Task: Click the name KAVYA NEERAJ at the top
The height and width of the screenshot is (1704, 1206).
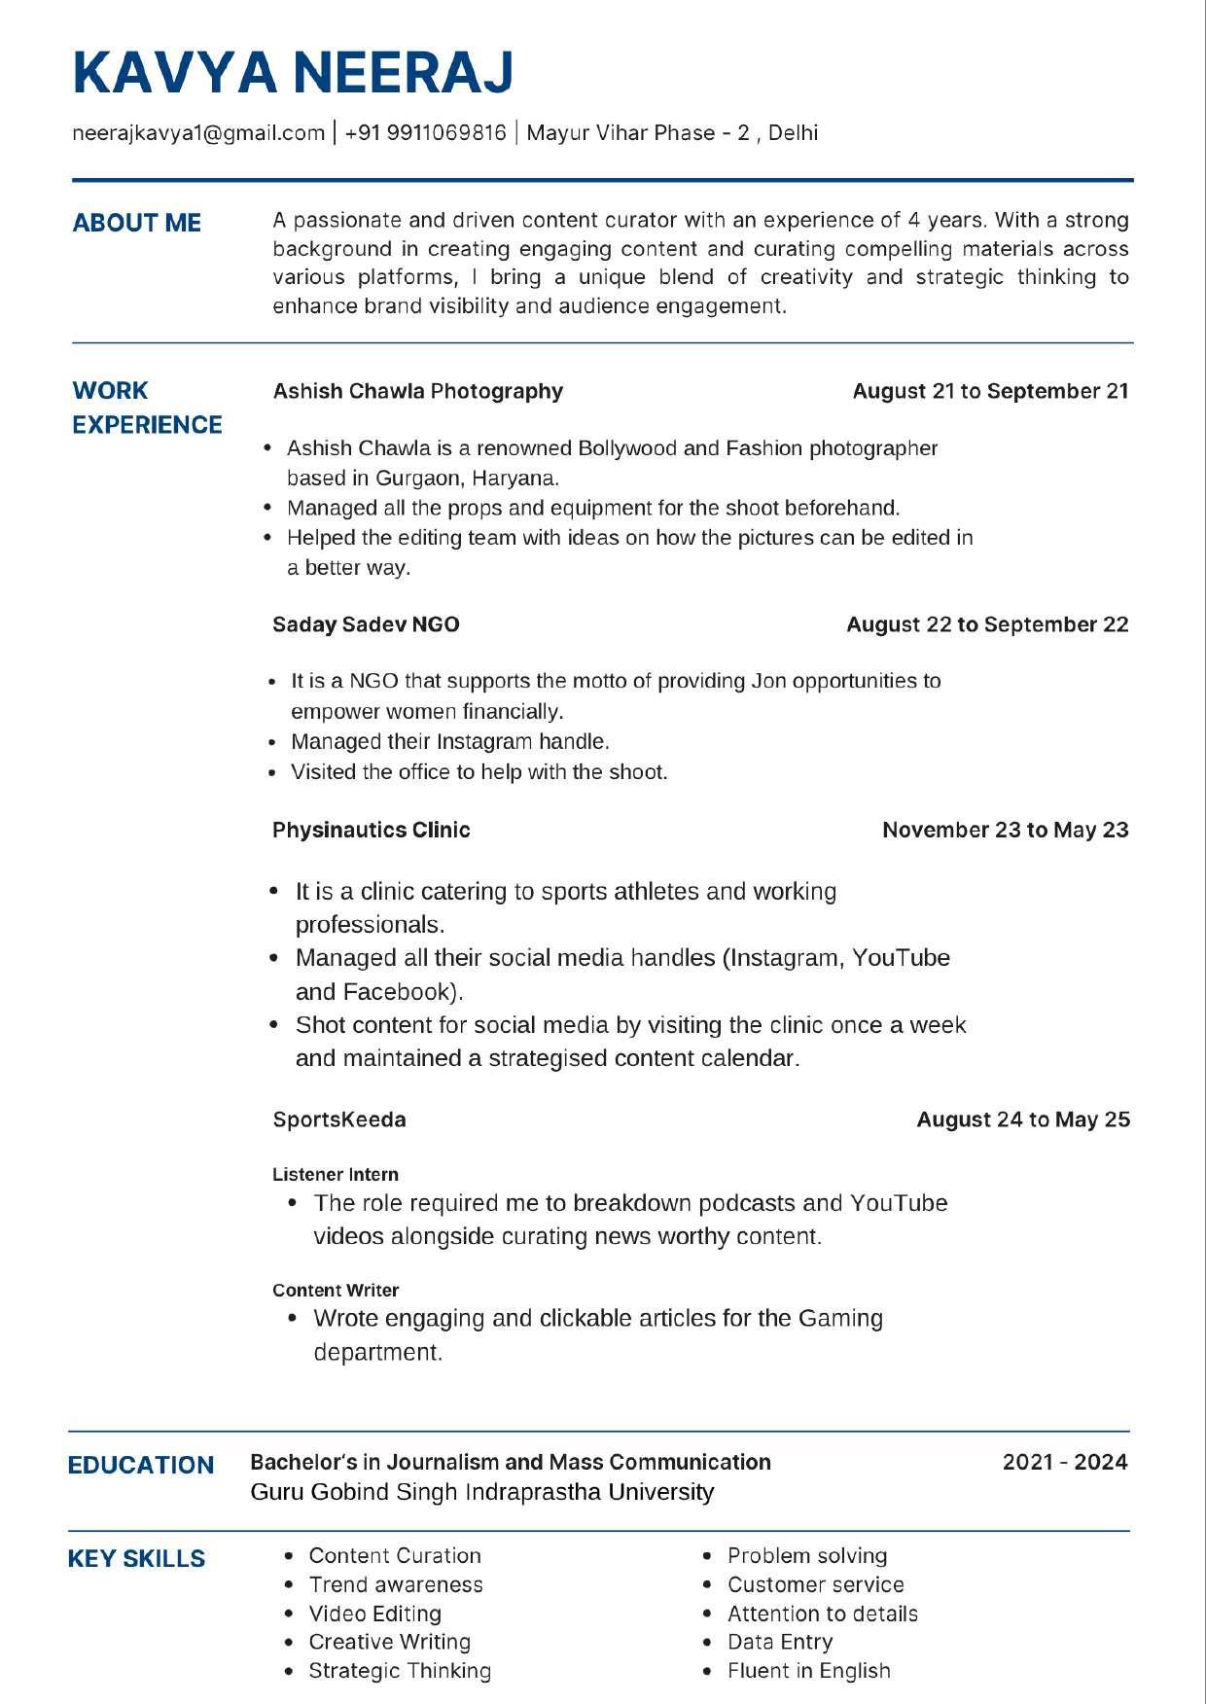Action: tap(293, 73)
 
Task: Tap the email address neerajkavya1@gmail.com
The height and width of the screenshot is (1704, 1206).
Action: tap(198, 133)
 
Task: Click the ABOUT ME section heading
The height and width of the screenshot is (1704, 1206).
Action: tap(137, 223)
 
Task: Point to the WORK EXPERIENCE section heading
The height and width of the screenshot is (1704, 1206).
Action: tap(147, 408)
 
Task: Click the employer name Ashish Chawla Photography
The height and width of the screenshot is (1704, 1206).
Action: tap(418, 391)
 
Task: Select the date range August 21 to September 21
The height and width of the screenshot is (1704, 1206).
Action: tap(990, 391)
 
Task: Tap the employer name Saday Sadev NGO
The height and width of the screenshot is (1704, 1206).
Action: tap(366, 624)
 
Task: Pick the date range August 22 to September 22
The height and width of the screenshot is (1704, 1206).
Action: tap(987, 624)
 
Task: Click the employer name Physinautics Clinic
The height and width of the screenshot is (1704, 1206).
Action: tap(372, 830)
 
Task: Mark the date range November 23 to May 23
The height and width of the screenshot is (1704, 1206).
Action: tap(1005, 830)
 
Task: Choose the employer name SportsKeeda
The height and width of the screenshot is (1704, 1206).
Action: tap(339, 1119)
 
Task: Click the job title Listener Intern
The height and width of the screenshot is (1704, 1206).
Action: tap(336, 1175)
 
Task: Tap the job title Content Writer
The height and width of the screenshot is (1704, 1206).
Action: tap(336, 1291)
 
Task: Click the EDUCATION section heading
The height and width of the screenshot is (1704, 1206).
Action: tap(141, 1465)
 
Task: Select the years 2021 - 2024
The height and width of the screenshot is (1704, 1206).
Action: tap(1065, 1462)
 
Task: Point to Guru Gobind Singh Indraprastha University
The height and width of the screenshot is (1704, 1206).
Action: tap(482, 1492)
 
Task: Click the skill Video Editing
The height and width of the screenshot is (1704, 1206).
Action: tap(375, 1614)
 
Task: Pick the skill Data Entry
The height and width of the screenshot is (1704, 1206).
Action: tap(780, 1642)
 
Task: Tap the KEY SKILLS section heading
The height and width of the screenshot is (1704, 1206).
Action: tap(137, 1558)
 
